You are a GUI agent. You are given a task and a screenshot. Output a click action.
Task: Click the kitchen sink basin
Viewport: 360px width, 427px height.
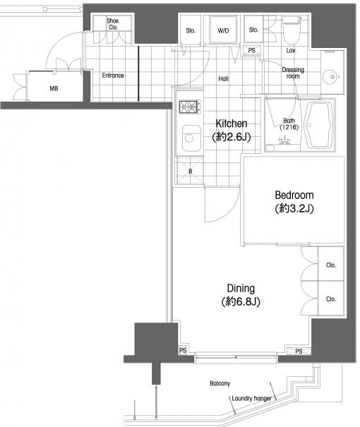192,138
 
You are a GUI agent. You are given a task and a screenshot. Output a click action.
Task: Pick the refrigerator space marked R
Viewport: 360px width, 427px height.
190,171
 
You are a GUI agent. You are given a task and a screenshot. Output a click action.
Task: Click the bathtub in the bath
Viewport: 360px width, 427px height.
319,126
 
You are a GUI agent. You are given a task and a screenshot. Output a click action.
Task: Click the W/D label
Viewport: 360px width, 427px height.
223,31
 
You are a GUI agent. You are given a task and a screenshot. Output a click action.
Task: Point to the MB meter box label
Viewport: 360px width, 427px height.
54,88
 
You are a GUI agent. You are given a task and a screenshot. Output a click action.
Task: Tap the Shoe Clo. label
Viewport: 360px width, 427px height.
113,24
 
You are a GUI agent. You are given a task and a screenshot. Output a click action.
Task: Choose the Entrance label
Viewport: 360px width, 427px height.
113,75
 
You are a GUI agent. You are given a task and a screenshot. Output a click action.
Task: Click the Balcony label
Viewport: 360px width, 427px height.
220,383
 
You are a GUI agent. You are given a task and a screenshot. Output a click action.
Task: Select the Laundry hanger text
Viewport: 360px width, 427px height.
251,398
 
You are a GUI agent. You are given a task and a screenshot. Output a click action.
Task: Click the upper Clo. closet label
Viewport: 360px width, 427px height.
331,265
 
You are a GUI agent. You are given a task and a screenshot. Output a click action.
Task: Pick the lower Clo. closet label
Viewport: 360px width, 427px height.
331,299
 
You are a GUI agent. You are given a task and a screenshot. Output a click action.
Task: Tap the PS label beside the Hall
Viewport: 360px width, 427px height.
251,50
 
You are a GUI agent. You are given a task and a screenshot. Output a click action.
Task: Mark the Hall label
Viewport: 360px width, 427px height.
223,79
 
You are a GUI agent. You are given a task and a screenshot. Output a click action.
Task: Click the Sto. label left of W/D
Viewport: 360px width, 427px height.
191,31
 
